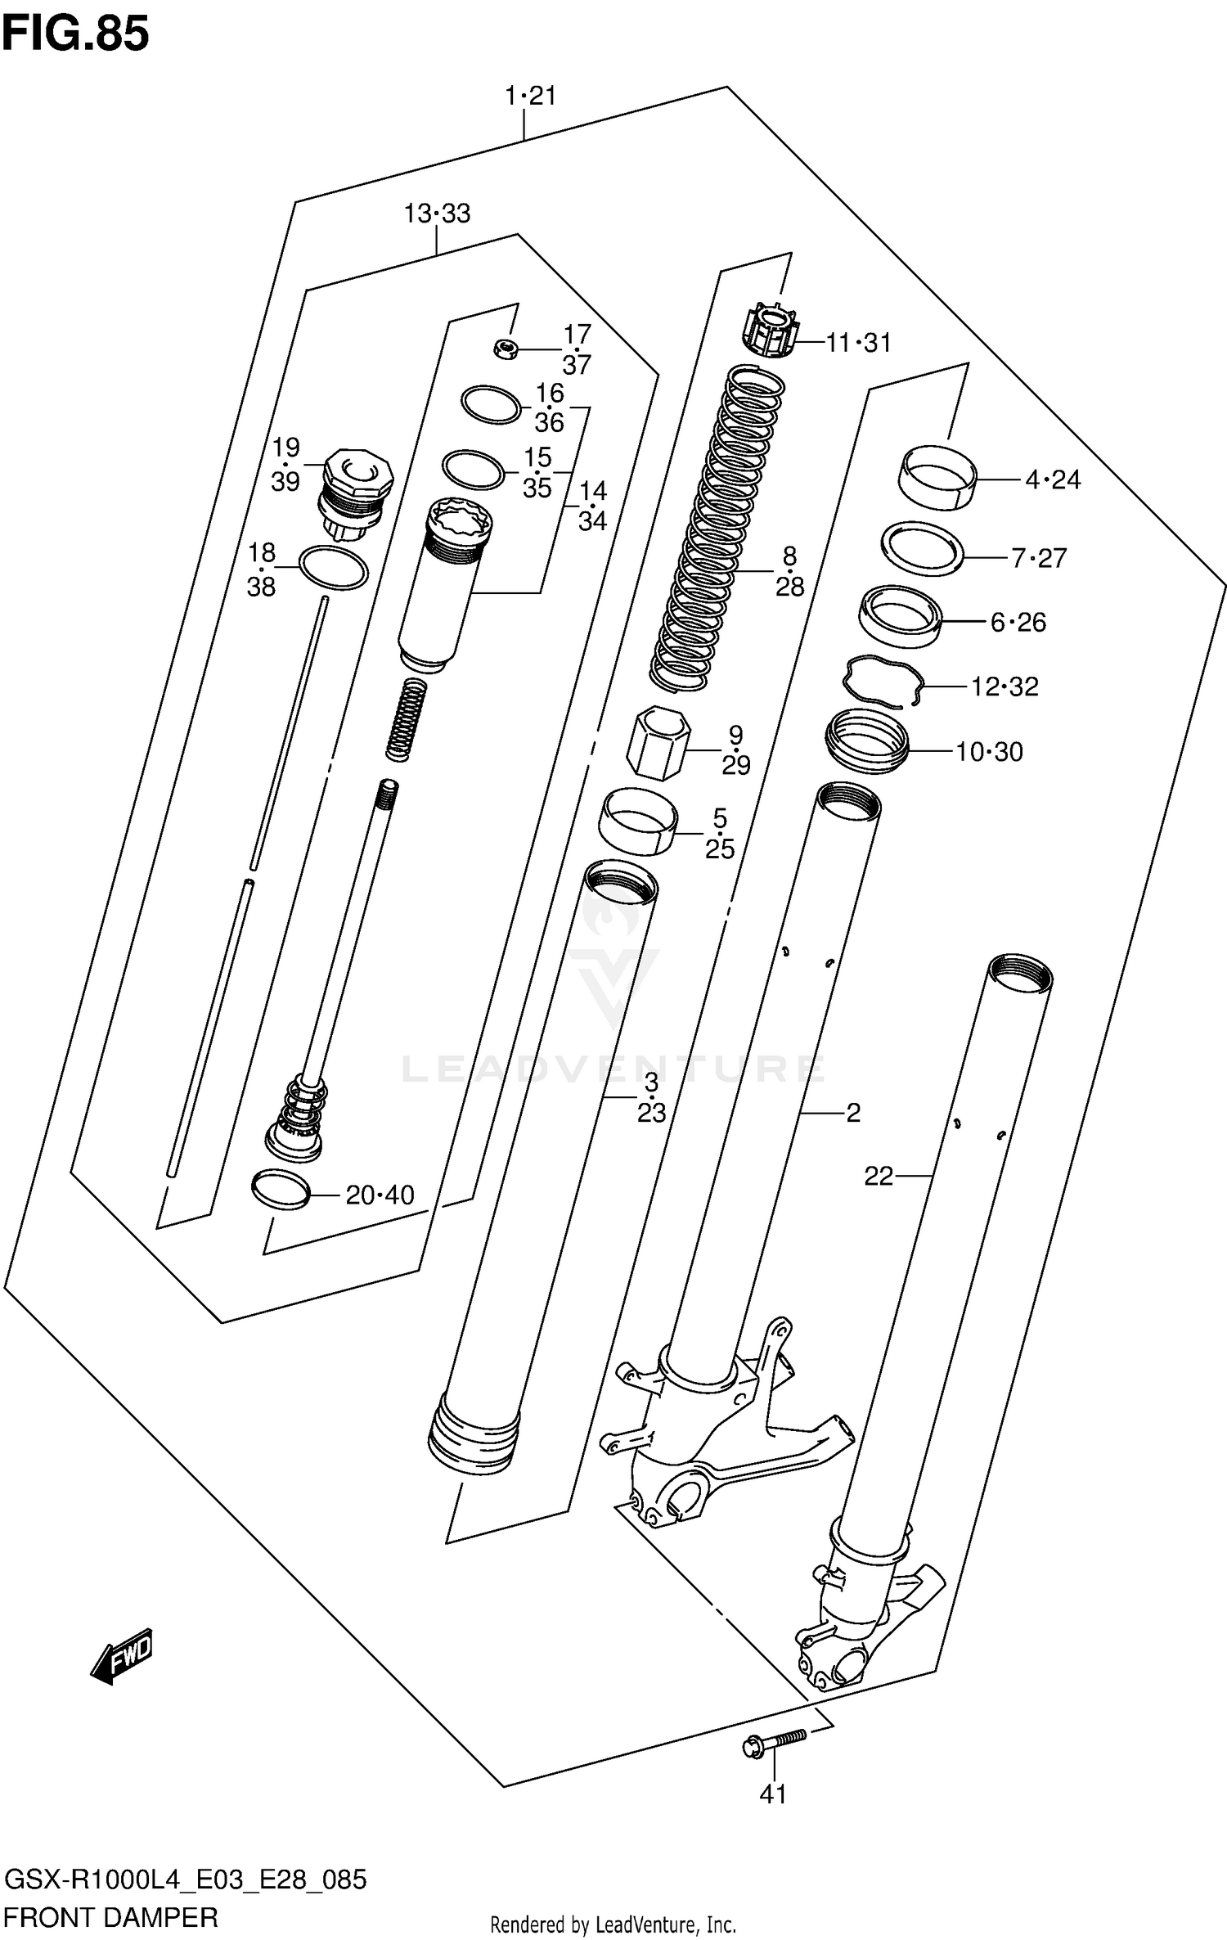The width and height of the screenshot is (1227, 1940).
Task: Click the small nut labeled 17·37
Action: pyautogui.click(x=507, y=349)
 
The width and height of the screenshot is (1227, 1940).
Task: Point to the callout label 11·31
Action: pyautogui.click(x=858, y=343)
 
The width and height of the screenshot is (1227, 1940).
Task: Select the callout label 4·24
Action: pyautogui.click(x=1053, y=479)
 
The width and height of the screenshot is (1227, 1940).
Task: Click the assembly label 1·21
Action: pyautogui.click(x=530, y=96)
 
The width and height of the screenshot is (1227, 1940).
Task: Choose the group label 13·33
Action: pyautogui.click(x=437, y=214)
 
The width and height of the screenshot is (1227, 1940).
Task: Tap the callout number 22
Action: pyautogui.click(x=879, y=1176)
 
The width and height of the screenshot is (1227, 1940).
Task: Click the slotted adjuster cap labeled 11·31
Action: pyautogui.click(x=770, y=330)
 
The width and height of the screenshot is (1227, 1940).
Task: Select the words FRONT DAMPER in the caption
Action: pyautogui.click(x=111, y=1917)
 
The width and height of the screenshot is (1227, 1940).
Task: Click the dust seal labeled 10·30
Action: pyautogui.click(x=867, y=740)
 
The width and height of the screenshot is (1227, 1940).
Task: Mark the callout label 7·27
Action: pyautogui.click(x=1039, y=558)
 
